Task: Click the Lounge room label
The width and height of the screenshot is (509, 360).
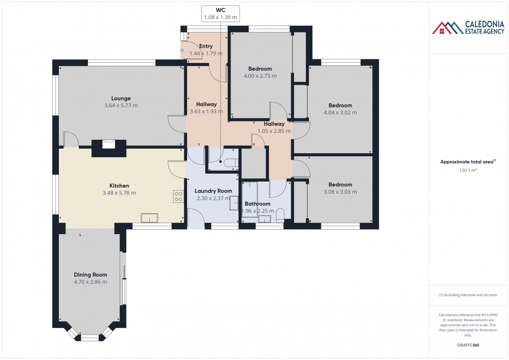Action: click(x=121, y=98)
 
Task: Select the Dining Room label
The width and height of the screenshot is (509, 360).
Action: click(x=90, y=275)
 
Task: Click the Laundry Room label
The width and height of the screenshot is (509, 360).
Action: click(x=213, y=191)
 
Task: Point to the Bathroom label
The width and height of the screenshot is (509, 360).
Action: click(x=257, y=204)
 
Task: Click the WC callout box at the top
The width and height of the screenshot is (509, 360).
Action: click(x=220, y=13)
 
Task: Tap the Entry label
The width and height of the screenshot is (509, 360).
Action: click(x=206, y=46)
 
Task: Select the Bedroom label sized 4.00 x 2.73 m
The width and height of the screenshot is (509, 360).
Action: click(x=259, y=69)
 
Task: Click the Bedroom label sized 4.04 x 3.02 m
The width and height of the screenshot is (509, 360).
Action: click(x=340, y=105)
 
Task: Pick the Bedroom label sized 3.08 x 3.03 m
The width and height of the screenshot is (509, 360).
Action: click(x=340, y=185)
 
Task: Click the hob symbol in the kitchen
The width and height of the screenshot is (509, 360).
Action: click(x=179, y=196)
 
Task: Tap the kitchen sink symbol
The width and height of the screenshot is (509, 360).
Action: click(x=149, y=217)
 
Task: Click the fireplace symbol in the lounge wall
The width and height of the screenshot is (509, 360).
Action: click(x=108, y=144)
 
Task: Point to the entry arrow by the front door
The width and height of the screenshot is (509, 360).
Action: click(x=180, y=50)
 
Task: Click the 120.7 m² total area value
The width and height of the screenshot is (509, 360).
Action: click(x=468, y=170)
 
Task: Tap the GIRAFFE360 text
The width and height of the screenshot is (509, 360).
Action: click(x=468, y=345)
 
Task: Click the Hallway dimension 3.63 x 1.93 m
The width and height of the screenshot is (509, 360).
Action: click(x=206, y=111)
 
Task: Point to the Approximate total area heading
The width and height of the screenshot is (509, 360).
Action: click(x=467, y=161)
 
